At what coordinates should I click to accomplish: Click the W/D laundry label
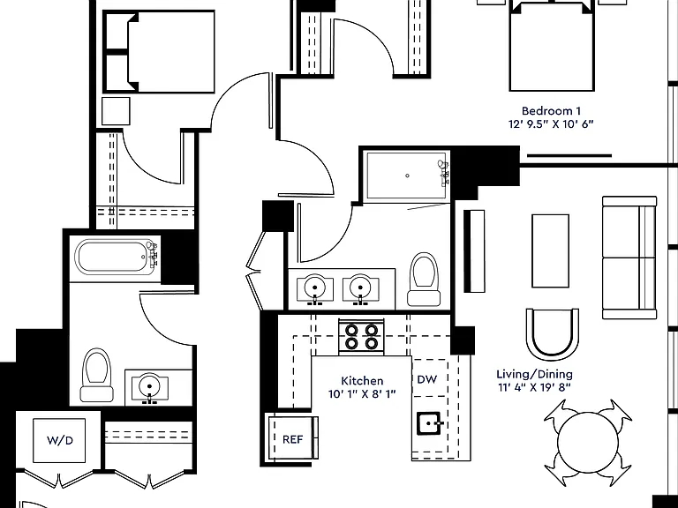pos(60,441)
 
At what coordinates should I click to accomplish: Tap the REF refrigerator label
pos(292,439)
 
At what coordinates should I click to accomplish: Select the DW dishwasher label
pos(426,380)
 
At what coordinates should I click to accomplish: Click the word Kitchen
pos(362,381)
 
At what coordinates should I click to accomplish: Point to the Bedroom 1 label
pos(551,111)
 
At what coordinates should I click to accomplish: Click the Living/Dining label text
pos(534,375)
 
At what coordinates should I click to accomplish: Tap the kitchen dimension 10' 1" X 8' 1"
pos(362,394)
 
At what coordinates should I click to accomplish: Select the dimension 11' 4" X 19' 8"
pos(534,387)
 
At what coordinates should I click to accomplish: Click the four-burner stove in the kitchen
pos(361,337)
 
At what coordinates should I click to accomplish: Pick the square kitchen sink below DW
pos(428,423)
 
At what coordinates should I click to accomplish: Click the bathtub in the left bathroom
pos(116,257)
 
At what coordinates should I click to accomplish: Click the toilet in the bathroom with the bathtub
pos(97,375)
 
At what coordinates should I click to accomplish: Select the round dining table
pos(588,443)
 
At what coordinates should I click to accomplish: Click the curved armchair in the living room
pos(552,334)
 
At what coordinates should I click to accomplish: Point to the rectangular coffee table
pos(550,250)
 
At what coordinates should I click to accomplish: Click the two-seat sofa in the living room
pos(629,258)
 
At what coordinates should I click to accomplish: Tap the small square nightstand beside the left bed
pos(116,111)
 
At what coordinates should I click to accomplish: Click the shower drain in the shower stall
pos(407,176)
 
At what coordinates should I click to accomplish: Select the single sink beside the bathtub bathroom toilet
pos(149,386)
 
